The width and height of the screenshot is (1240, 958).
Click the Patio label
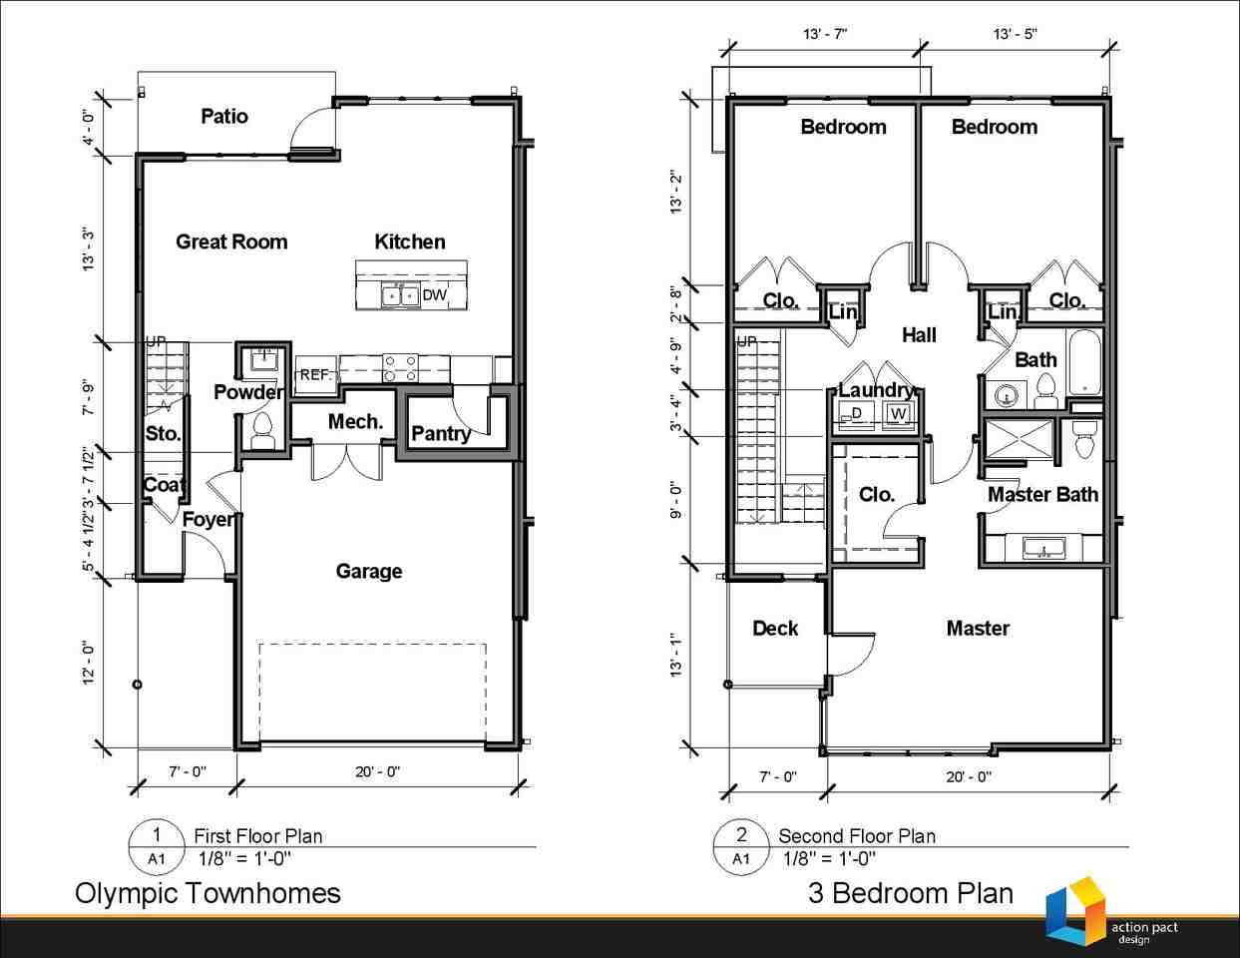pyautogui.click(x=224, y=117)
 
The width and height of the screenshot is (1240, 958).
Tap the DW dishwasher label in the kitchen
pyautogui.click(x=435, y=295)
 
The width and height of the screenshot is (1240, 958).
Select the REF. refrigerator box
pyautogui.click(x=316, y=374)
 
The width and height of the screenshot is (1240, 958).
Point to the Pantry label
pyautogui.click(x=441, y=434)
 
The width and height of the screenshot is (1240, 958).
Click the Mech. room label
pyautogui.click(x=355, y=422)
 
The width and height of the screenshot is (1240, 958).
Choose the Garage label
pyautogui.click(x=369, y=571)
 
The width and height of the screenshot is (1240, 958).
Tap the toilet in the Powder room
pyautogui.click(x=262, y=431)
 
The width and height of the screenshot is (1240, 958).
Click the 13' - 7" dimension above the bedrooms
pyautogui.click(x=825, y=34)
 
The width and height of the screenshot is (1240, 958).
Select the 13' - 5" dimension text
pyautogui.click(x=1016, y=34)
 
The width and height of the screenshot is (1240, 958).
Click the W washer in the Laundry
pyautogui.click(x=898, y=412)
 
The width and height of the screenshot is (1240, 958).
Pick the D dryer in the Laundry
pyautogui.click(x=855, y=412)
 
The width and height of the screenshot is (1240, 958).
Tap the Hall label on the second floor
pyautogui.click(x=919, y=335)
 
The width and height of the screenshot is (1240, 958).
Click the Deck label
pyautogui.click(x=775, y=629)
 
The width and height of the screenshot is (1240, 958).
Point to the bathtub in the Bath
pyautogui.click(x=1084, y=362)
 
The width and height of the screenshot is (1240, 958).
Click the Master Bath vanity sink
pyautogui.click(x=1043, y=549)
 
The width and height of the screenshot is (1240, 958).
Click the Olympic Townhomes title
pyautogui.click(x=207, y=893)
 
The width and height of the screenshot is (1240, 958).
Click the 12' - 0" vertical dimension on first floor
pyautogui.click(x=88, y=664)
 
